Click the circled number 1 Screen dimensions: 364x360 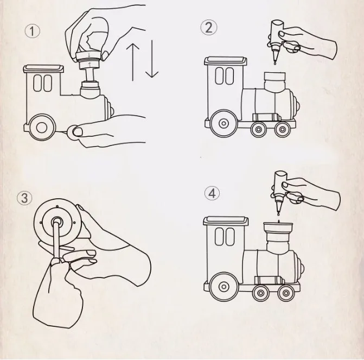coord(32,31)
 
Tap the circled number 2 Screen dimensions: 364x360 coord(209,28)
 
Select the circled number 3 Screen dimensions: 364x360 coord(24,198)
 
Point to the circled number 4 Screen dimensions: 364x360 coord(212,193)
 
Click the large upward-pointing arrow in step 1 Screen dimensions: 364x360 coord(132,62)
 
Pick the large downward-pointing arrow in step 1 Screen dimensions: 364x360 coord(152,59)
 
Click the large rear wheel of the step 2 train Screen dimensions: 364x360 coord(224,123)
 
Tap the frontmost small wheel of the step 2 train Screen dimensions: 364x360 coord(283,129)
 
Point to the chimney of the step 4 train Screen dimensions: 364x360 coord(278,238)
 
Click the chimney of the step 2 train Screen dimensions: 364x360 coord(275,83)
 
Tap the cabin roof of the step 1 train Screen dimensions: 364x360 coord(43,69)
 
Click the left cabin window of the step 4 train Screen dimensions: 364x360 coord(219,237)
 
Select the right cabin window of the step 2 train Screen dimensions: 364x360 coord(229,76)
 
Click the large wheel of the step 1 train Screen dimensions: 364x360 coord(42,128)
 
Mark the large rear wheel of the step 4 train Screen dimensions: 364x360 coord(224,286)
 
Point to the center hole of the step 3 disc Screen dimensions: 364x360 coord(57,221)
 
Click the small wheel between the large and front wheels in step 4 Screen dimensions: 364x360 coord(260,293)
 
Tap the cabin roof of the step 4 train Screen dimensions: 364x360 coord(226,221)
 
